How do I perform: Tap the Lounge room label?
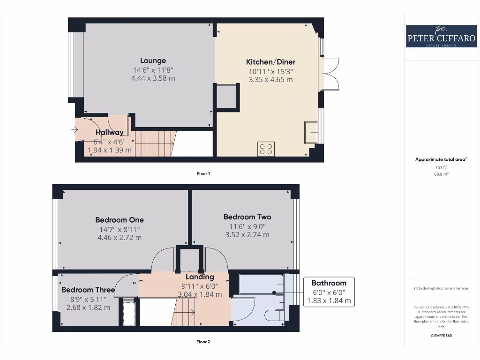pyautogui.click(x=153, y=60)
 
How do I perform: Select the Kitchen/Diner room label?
pyautogui.click(x=270, y=62)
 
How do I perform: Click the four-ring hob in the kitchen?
pyautogui.click(x=266, y=149)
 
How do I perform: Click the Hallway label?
pyautogui.click(x=110, y=133)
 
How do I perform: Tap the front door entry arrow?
pyautogui.click(x=75, y=129)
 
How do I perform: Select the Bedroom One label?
pyautogui.click(x=120, y=220)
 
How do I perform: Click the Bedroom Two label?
pyautogui.click(x=247, y=217)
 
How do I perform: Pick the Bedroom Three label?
pyautogui.click(x=88, y=290)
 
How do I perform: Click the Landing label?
pyautogui.click(x=200, y=277)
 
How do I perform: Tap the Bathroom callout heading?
pyautogui.click(x=329, y=283)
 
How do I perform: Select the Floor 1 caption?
pyautogui.click(x=203, y=173)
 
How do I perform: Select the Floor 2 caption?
pyautogui.click(x=203, y=342)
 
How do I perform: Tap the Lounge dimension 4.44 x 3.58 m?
pyautogui.click(x=153, y=78)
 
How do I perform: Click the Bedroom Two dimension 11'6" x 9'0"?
pyautogui.click(x=247, y=226)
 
